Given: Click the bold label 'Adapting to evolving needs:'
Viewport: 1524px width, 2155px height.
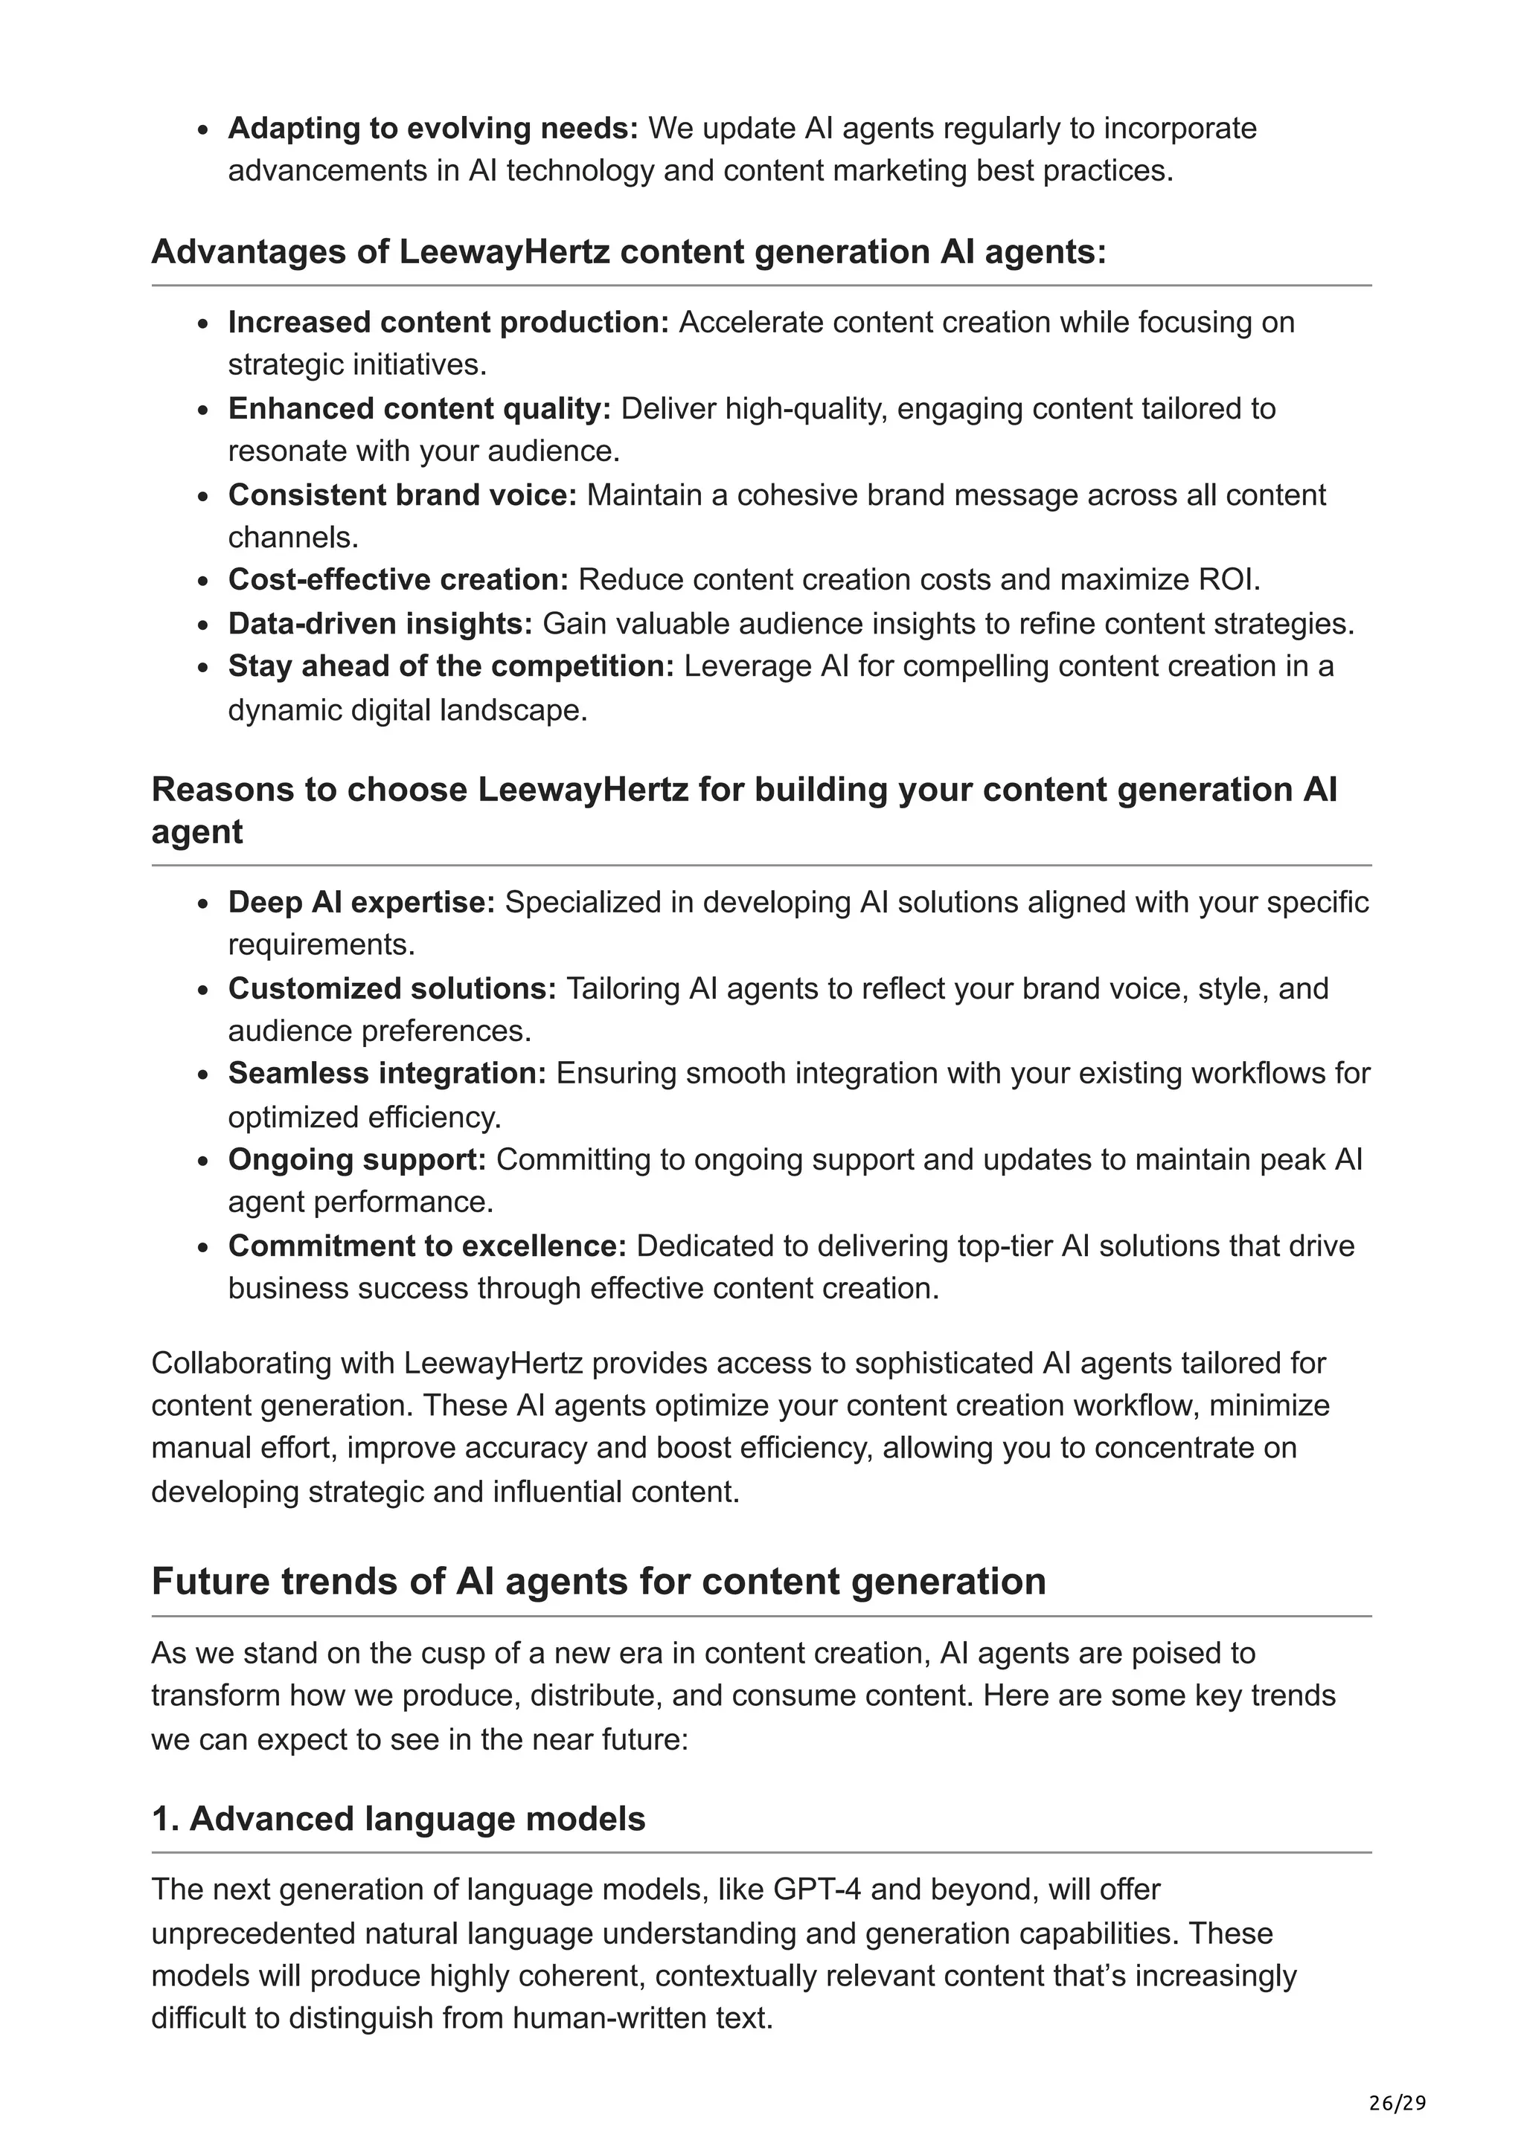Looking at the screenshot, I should [x=433, y=128].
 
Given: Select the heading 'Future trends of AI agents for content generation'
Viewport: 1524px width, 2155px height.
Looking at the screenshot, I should [x=598, y=1581].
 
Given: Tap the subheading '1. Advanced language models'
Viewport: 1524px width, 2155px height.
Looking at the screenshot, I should [x=398, y=1818].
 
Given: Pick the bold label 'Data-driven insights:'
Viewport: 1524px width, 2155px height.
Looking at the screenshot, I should [x=380, y=623].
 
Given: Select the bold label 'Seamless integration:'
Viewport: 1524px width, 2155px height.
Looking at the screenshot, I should [x=387, y=1073].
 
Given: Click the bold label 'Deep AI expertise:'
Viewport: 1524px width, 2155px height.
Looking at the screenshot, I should [x=362, y=902].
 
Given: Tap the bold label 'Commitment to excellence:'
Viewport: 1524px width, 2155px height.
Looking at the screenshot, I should [x=427, y=1246].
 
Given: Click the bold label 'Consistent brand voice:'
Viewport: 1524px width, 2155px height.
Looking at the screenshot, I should [x=403, y=495].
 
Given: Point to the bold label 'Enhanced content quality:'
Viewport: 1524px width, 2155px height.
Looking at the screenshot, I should [x=420, y=408].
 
